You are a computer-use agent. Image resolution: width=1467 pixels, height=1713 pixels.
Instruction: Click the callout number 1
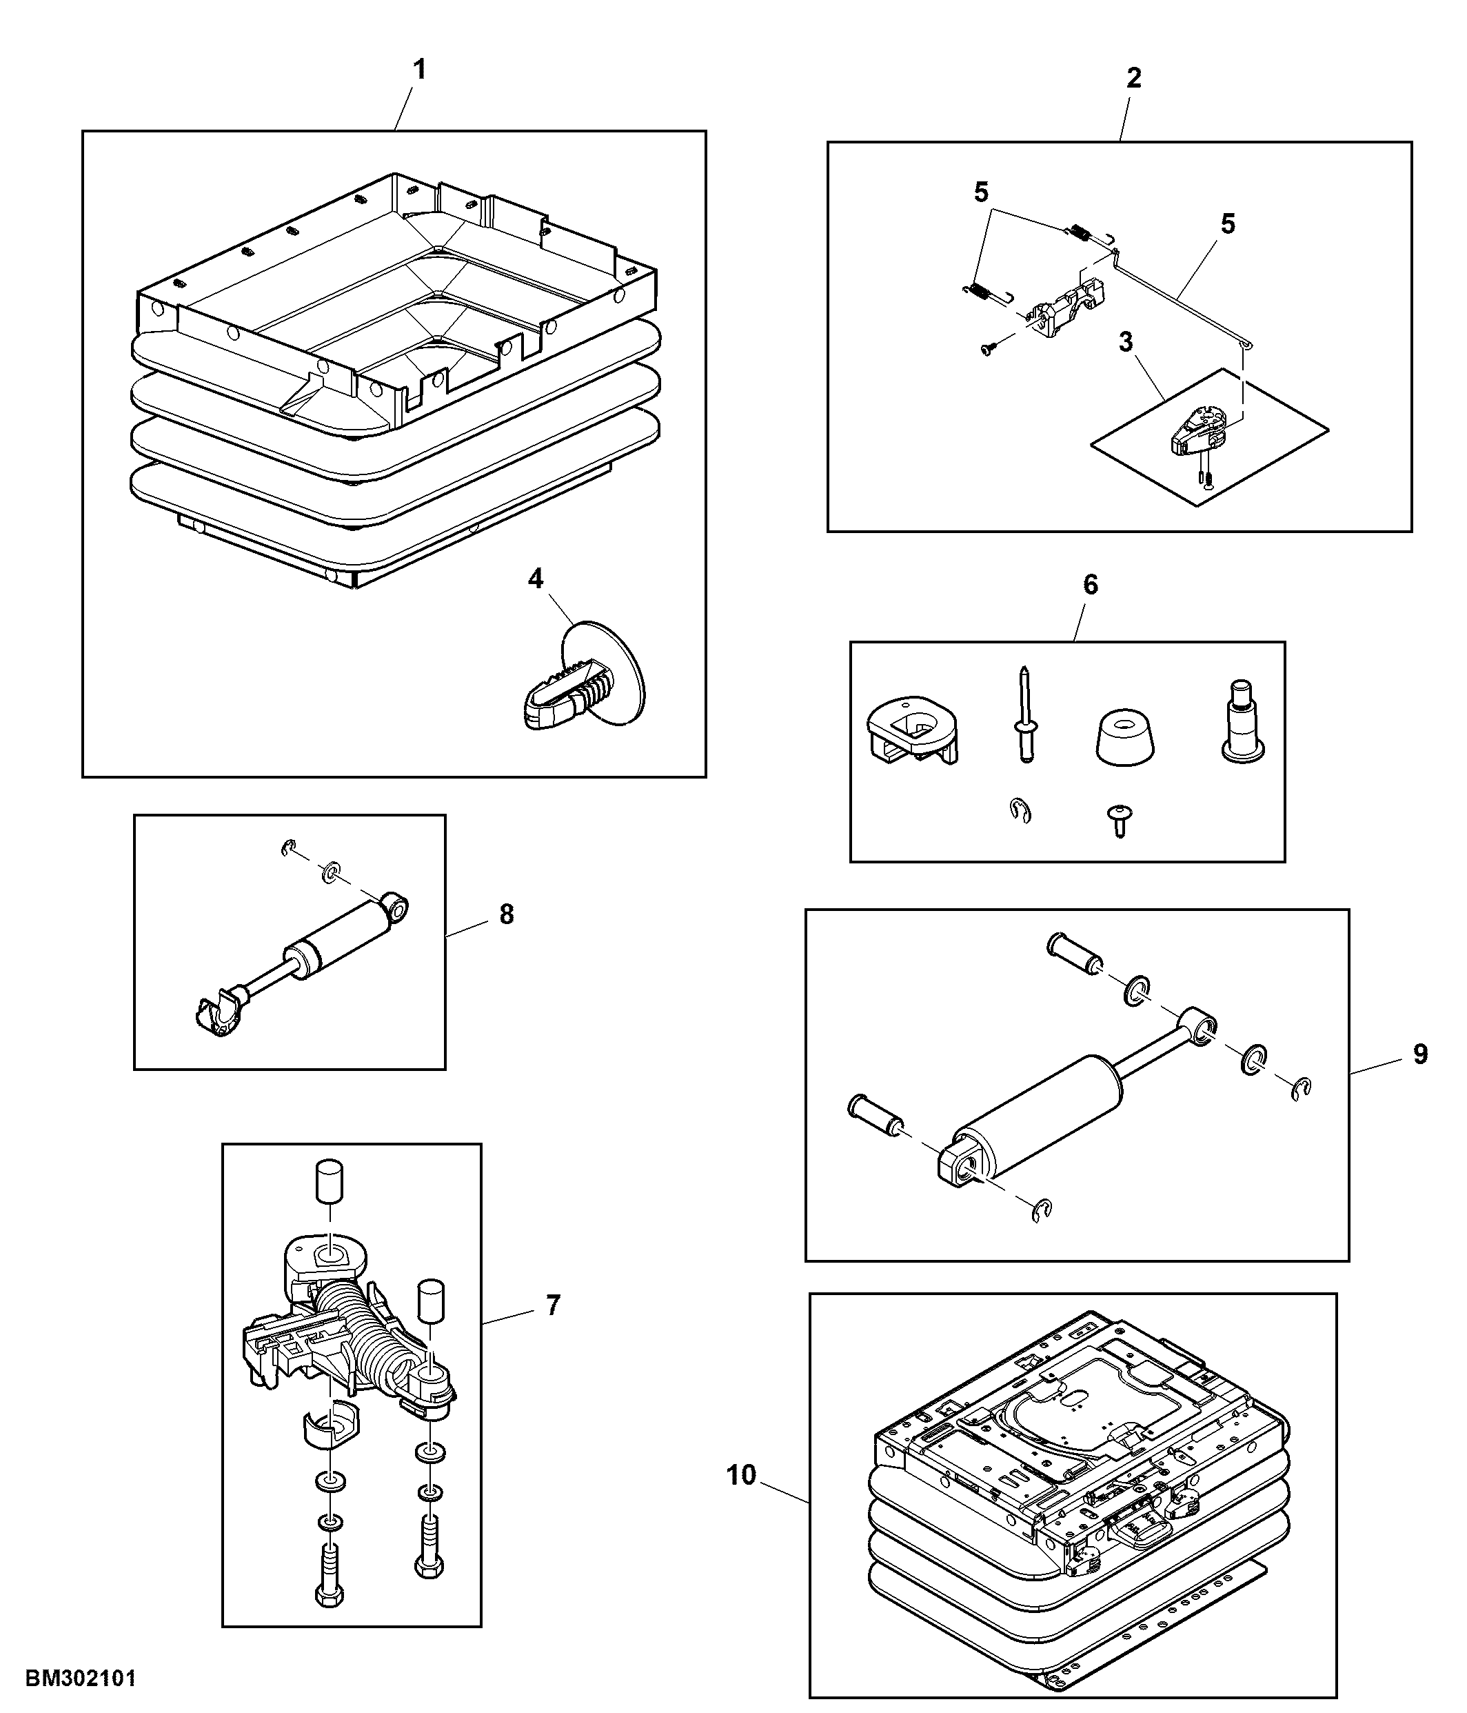(x=420, y=70)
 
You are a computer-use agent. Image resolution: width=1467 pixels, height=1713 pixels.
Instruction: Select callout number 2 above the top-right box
(x=1134, y=78)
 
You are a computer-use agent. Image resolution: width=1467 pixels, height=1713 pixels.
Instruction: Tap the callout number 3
(x=1126, y=341)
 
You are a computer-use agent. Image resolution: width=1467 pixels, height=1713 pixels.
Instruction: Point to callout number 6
(x=1091, y=585)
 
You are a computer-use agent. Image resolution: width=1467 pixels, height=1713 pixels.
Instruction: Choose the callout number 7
(x=553, y=1305)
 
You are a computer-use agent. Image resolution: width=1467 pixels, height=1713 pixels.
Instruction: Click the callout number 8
(x=507, y=914)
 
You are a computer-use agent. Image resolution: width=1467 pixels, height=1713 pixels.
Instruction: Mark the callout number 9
(x=1420, y=1054)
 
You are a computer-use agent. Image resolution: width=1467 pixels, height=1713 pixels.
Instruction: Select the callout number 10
(x=741, y=1475)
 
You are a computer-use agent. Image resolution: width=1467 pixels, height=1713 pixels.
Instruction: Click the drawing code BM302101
(x=81, y=1679)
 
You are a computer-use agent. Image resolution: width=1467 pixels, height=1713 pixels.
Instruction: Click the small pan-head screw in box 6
(x=1119, y=821)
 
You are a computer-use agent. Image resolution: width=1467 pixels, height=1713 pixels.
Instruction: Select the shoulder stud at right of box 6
(x=1242, y=720)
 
